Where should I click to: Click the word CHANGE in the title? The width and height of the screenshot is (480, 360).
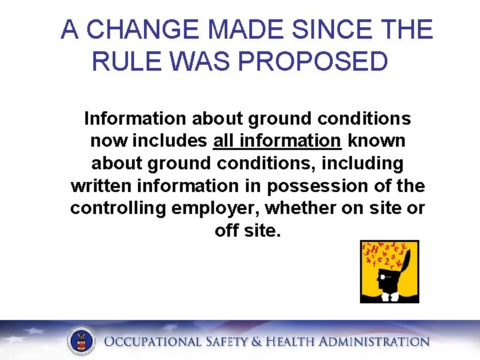pyautogui.click(x=143, y=30)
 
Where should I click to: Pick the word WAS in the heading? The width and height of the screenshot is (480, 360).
pyautogui.click(x=199, y=61)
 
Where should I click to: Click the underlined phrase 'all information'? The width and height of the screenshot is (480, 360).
pyautogui.click(x=277, y=141)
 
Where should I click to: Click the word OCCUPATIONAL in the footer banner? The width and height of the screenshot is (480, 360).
pyautogui.click(x=152, y=342)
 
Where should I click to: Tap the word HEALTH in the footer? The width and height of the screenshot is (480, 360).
pyautogui.click(x=294, y=342)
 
